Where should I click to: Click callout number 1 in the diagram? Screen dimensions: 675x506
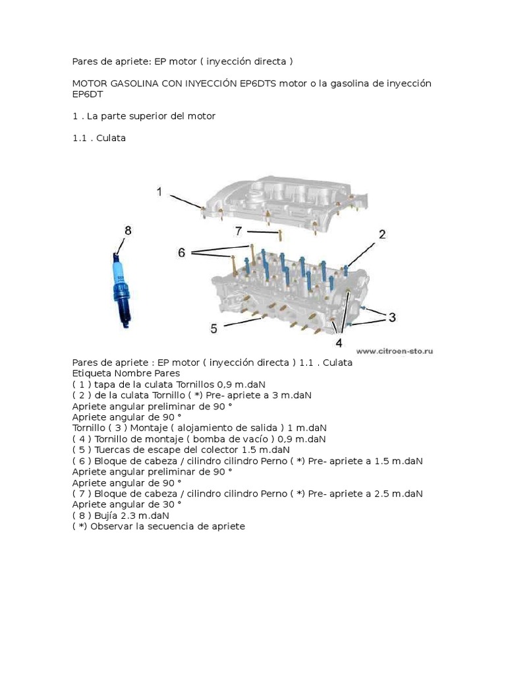[159, 192]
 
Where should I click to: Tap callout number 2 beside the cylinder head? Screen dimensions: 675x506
[382, 234]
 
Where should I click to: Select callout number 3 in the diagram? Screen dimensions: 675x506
[392, 317]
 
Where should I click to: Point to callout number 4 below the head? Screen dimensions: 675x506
[339, 343]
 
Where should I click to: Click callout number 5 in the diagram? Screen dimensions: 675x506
[213, 328]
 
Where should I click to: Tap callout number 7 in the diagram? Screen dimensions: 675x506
[239, 231]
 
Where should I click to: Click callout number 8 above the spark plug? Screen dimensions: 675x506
[127, 230]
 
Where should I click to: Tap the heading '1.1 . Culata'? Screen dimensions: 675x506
[99, 138]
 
